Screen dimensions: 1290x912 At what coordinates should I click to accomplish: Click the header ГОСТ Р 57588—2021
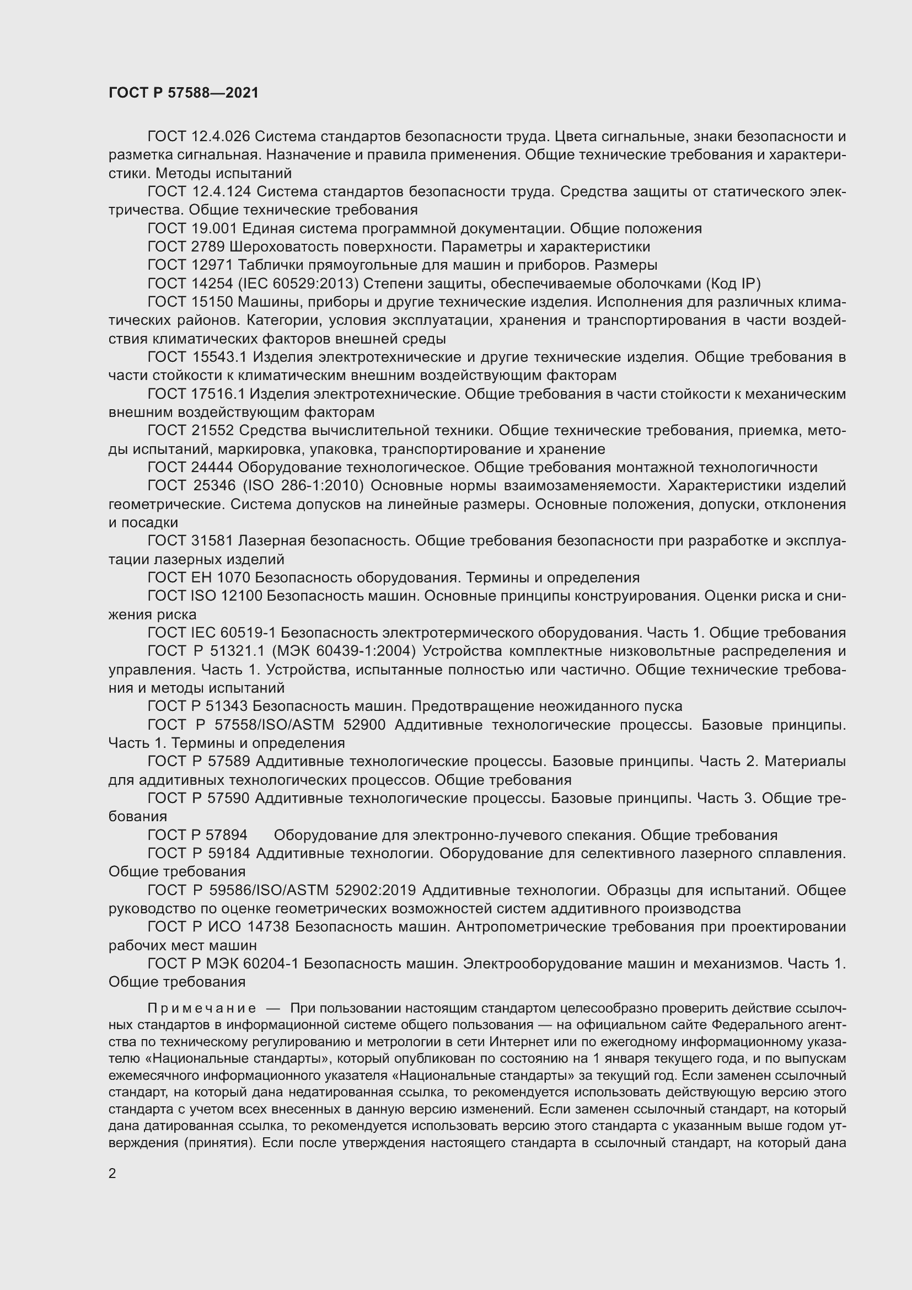coord(184,93)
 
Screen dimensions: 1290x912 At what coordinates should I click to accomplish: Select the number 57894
coord(227,835)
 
